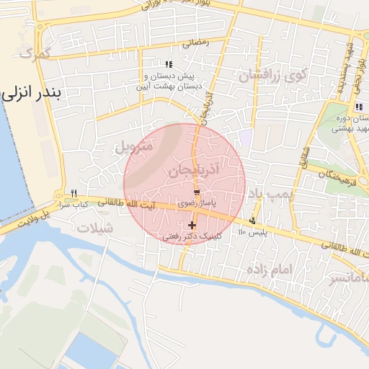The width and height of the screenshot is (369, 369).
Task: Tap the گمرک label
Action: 35,53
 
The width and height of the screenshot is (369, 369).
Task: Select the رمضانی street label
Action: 195,43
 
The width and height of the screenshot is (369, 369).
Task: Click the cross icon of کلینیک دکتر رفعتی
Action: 192,226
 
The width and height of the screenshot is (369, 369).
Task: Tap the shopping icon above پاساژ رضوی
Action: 196,192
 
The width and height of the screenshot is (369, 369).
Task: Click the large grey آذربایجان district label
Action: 197,172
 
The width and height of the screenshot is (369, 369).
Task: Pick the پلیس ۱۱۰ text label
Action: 252,232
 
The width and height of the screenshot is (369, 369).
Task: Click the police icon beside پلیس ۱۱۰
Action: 252,221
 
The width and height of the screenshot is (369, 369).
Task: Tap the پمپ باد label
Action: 268,195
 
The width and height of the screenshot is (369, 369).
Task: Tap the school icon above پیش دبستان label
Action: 169,65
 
